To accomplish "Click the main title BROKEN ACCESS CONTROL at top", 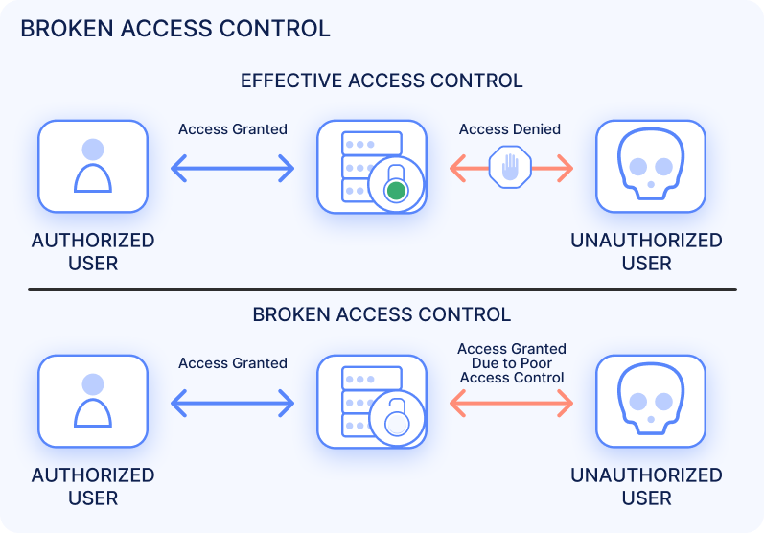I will coord(174,28).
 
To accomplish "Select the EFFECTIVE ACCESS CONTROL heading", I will coord(382,81).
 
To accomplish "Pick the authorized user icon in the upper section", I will coord(93,166).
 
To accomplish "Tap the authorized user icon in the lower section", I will coord(93,402).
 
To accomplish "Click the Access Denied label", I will coord(510,129).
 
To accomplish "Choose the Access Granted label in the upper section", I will coord(233,129).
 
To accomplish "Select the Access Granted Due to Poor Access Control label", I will coord(511,363).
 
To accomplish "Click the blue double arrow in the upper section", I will coord(233,171).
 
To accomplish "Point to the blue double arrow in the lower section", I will coord(233,404).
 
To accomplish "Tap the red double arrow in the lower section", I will coord(511,404).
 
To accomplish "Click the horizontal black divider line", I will coord(382,289).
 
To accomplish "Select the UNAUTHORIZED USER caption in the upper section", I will coord(647,251).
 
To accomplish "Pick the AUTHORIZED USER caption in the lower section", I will coord(93,486).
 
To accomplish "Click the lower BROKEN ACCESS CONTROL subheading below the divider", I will coord(382,314).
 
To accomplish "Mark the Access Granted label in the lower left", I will coord(233,363).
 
